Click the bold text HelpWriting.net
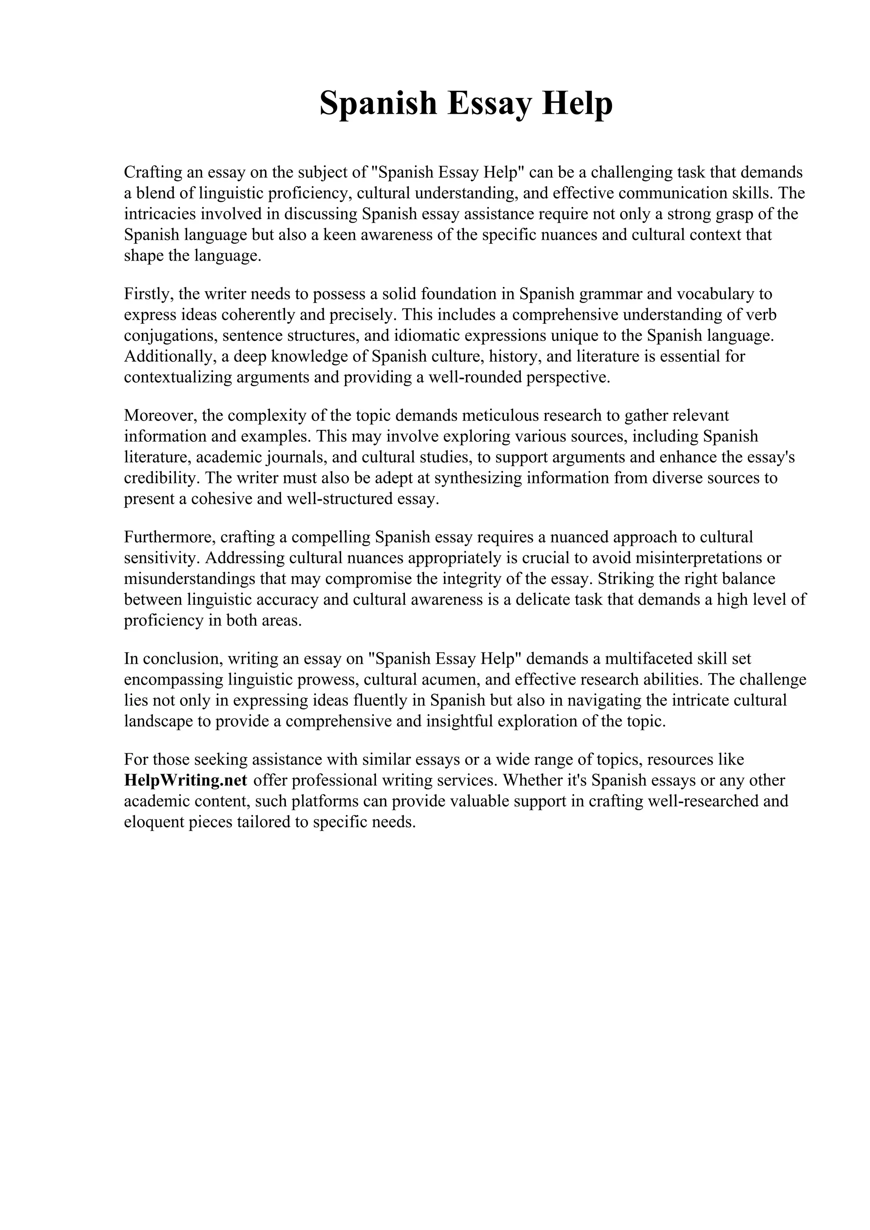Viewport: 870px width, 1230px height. coord(186,780)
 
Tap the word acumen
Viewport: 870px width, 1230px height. coord(450,679)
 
